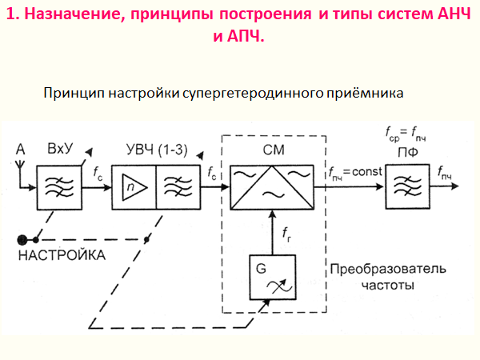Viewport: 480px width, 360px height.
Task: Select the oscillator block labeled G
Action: click(x=271, y=277)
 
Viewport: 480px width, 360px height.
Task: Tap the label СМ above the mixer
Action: click(x=272, y=151)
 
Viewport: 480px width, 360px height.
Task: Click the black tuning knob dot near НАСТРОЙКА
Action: click(x=25, y=238)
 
